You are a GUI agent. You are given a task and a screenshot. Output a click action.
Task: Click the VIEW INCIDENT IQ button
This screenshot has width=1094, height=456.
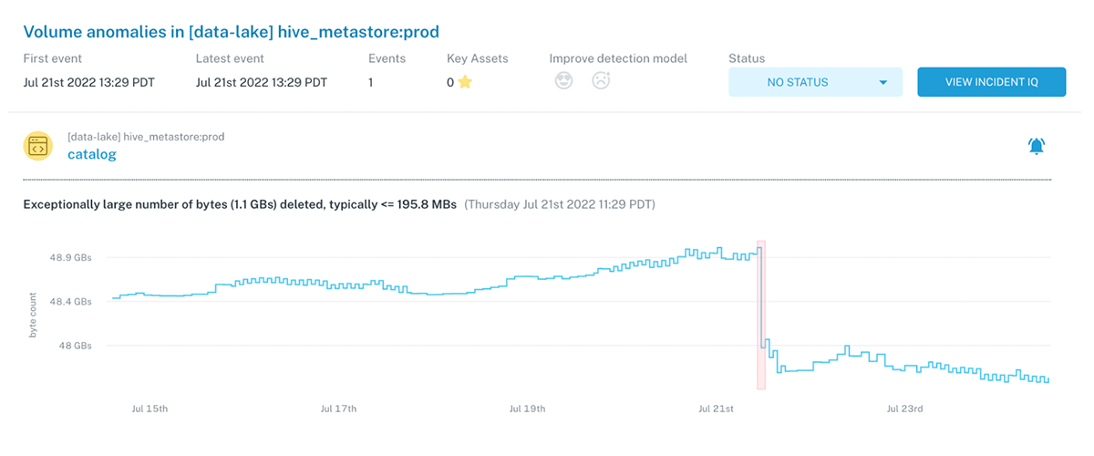(991, 82)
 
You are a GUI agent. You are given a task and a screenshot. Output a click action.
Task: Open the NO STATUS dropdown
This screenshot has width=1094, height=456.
(815, 82)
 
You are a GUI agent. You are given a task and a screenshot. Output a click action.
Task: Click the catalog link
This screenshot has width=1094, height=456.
(92, 154)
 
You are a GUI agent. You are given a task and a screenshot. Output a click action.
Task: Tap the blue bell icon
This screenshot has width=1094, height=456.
(1037, 146)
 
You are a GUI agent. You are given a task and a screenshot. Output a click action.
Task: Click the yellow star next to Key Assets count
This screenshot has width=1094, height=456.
(465, 82)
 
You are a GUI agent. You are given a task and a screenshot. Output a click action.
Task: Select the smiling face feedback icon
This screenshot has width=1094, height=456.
(564, 81)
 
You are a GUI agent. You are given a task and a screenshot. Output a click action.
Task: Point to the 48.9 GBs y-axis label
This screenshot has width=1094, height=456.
(70, 258)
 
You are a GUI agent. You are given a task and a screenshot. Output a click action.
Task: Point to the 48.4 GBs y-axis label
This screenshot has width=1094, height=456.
(70, 302)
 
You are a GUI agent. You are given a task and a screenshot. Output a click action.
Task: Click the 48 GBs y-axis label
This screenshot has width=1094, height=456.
(75, 346)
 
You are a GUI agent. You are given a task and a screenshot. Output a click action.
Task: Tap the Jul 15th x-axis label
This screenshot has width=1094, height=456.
(150, 409)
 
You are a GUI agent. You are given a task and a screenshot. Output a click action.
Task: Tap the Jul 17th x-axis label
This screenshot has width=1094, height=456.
(338, 409)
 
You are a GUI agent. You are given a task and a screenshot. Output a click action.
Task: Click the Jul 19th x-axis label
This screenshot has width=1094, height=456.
(527, 409)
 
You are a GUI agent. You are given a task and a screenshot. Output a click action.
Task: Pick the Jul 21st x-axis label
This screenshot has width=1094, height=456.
(716, 409)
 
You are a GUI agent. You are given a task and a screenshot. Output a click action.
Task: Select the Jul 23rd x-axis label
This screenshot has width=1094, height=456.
(904, 409)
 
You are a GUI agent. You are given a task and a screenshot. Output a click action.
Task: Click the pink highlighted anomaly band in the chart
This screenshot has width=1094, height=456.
(761, 315)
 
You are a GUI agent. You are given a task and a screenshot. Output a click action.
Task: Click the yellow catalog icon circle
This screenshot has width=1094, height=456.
(38, 146)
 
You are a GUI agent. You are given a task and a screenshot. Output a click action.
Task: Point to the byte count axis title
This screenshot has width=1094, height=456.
(33, 316)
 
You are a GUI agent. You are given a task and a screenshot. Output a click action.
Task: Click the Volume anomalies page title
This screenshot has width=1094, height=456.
(231, 33)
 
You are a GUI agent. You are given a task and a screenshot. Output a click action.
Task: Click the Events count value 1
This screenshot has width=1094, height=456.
(370, 82)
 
